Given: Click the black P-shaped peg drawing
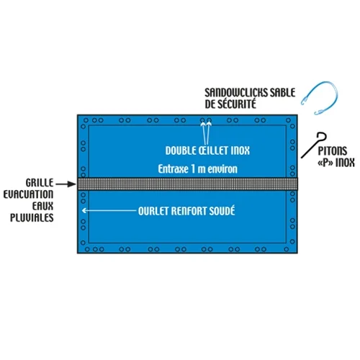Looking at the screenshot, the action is (314, 145).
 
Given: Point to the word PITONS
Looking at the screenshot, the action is (333, 151).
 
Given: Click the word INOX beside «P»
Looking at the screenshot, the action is (345, 163).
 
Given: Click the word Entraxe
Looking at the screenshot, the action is (173, 169).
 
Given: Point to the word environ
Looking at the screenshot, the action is (222, 169).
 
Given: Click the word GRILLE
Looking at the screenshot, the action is (40, 183).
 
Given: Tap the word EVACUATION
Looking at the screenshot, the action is (28, 194).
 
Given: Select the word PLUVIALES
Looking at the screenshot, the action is (32, 217).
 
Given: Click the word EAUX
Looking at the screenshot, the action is (43, 206).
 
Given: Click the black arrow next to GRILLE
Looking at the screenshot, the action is (66, 184).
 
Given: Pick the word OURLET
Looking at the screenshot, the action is (153, 211).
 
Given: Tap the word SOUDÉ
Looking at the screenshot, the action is (222, 211).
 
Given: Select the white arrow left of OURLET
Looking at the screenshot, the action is (109, 210).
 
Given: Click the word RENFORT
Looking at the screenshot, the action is (189, 211).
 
